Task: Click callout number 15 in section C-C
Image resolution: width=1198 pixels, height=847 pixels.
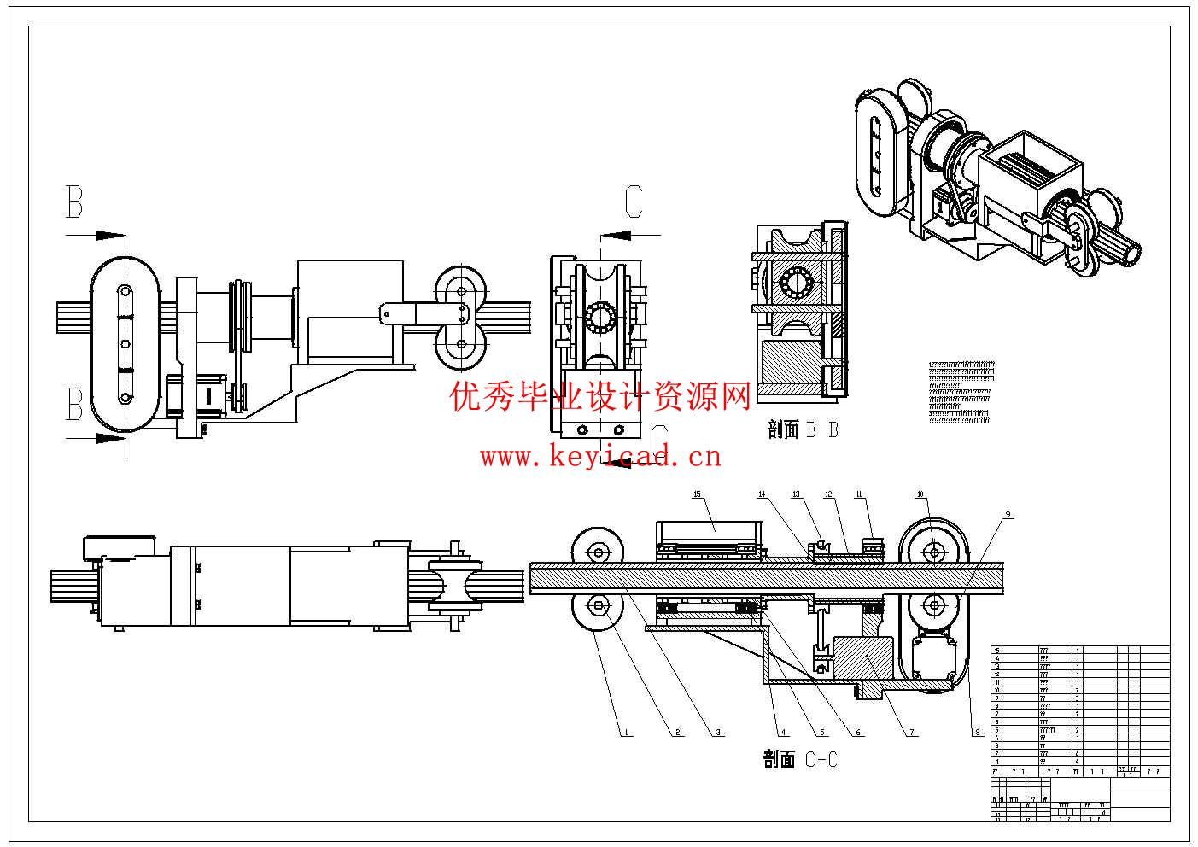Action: click(697, 494)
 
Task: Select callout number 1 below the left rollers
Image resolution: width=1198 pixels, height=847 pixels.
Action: click(626, 732)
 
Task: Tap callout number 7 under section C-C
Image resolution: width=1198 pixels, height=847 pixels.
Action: click(911, 732)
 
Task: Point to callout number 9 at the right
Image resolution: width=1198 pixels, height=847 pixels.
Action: click(1008, 514)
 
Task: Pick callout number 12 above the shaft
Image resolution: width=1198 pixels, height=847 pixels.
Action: click(827, 494)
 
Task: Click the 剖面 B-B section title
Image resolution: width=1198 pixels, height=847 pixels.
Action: click(803, 429)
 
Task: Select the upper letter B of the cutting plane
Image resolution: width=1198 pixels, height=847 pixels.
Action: click(75, 202)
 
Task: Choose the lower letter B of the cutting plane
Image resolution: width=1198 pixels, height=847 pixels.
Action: click(75, 404)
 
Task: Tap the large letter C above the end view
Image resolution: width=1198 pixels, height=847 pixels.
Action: click(633, 202)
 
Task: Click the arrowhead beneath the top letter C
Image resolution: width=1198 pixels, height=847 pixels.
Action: click(613, 234)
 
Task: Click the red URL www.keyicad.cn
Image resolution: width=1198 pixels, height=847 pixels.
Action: click(600, 457)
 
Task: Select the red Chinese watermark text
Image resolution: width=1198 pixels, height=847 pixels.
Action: click(600, 395)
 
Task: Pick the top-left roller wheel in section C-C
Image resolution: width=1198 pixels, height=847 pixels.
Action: click(598, 552)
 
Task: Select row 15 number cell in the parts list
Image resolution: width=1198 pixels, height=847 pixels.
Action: click(996, 651)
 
